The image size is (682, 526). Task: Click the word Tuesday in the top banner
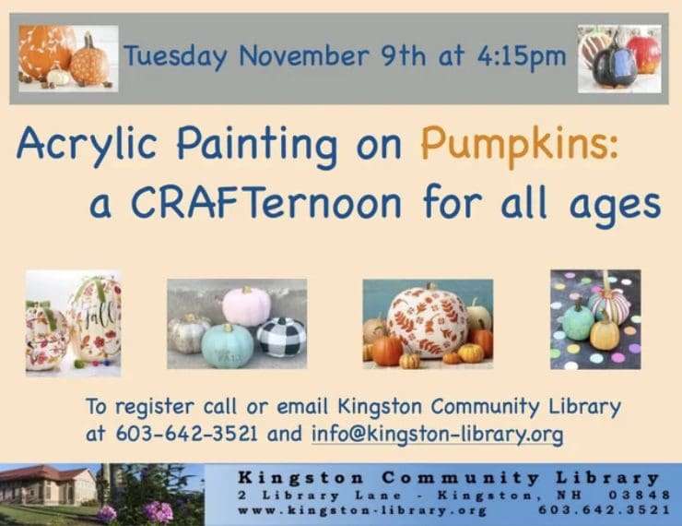[175, 56]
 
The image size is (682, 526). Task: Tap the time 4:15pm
[522, 56]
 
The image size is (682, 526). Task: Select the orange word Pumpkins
[519, 145]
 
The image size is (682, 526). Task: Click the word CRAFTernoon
[266, 202]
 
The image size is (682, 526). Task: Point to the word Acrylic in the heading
[87, 145]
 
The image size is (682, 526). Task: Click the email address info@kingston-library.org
[437, 434]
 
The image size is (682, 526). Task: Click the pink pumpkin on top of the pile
[247, 305]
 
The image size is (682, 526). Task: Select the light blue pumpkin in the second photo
[228, 346]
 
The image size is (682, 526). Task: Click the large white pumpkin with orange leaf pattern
[429, 322]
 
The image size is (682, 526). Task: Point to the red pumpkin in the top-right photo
[644, 54]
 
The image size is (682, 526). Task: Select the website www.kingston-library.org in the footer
[362, 509]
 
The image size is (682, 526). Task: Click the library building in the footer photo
[48, 484]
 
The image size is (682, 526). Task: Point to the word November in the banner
[304, 55]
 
